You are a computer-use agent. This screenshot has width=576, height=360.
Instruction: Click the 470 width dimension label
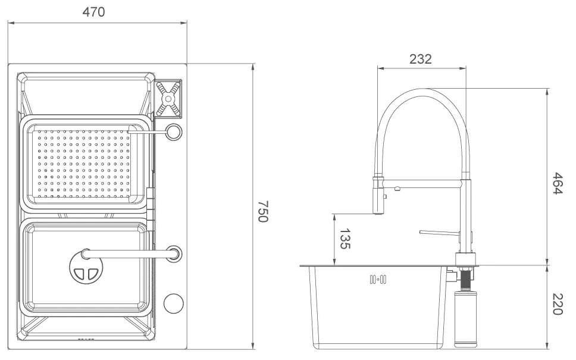93,12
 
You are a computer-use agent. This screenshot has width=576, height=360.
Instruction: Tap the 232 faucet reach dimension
420,58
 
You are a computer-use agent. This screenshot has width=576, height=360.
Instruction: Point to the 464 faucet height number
558,183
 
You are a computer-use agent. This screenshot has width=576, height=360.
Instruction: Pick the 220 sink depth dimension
558,304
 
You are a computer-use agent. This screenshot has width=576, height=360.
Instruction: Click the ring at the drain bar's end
174,253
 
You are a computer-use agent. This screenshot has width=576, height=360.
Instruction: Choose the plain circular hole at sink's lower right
173,303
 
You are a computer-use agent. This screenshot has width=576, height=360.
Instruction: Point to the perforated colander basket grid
83,161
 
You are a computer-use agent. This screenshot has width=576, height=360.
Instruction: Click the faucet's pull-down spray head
377,195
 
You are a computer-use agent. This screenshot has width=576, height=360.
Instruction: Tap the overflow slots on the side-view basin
378,279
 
